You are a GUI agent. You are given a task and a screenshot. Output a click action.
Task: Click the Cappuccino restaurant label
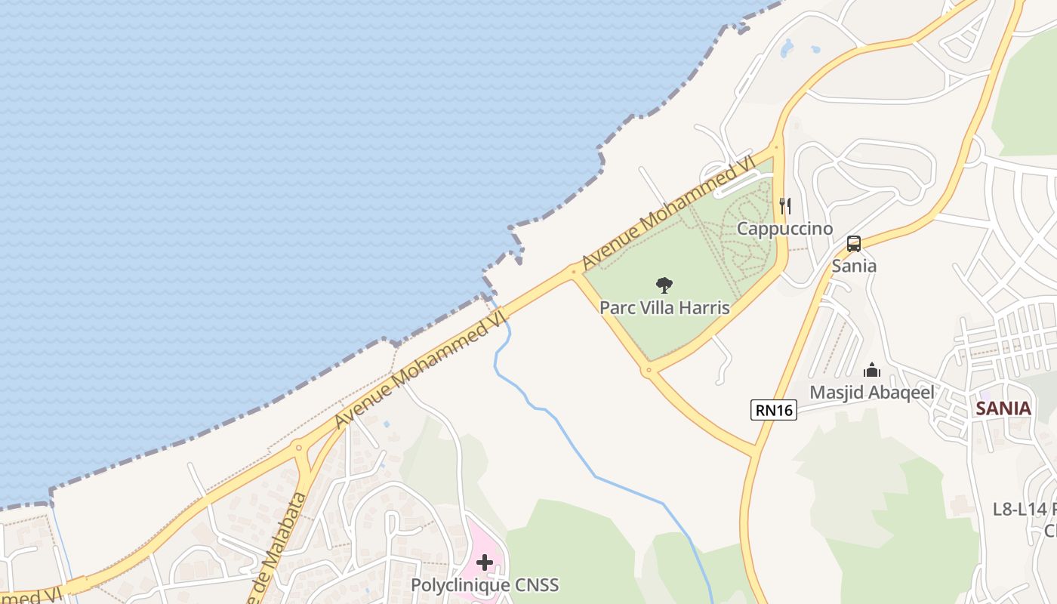click(784, 229)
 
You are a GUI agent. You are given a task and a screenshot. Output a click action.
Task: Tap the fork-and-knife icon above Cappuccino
click(785, 205)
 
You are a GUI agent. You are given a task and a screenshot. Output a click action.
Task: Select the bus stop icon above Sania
click(854, 244)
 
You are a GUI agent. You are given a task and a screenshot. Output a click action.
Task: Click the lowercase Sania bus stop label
click(854, 266)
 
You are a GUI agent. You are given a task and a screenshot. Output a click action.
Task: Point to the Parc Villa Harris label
click(664, 308)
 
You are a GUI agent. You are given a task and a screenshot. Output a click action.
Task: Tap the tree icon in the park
click(664, 285)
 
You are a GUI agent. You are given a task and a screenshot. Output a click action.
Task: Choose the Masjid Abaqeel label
click(872, 393)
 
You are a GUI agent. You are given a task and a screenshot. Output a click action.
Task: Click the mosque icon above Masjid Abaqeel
click(872, 370)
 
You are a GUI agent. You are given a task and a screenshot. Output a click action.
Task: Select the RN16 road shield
click(774, 410)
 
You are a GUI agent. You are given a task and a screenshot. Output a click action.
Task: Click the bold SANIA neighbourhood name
click(1003, 408)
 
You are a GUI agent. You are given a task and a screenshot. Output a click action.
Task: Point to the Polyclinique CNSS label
click(485, 585)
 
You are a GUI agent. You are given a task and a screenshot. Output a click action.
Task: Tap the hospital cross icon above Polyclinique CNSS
click(485, 562)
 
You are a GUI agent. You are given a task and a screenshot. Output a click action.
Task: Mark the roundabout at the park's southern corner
click(648, 371)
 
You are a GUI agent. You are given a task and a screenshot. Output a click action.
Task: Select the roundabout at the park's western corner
click(574, 270)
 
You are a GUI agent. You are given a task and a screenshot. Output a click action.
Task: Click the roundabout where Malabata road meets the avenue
click(300, 448)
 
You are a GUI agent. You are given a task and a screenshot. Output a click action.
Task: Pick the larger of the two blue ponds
click(787, 48)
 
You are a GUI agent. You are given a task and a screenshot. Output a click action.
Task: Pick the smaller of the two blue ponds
click(815, 50)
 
